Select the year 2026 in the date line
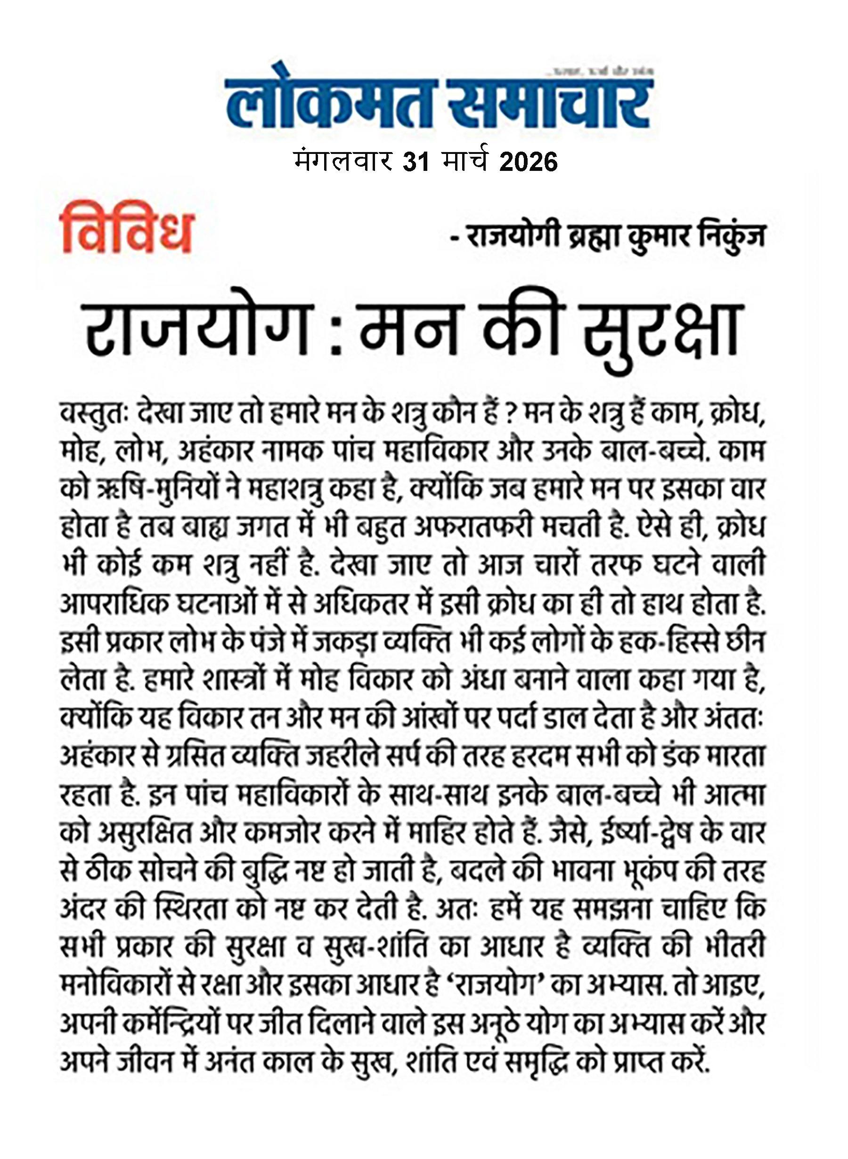pyautogui.click(x=528, y=163)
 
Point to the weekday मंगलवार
pyautogui.click(x=343, y=163)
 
